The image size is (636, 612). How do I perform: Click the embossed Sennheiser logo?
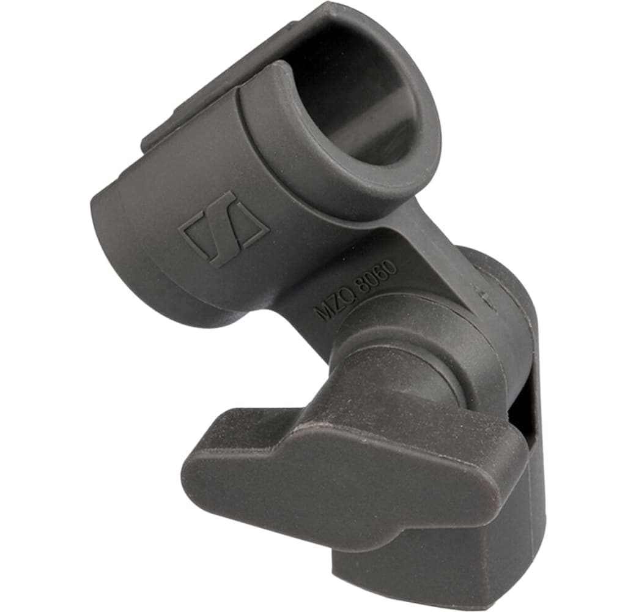point(223,229)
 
